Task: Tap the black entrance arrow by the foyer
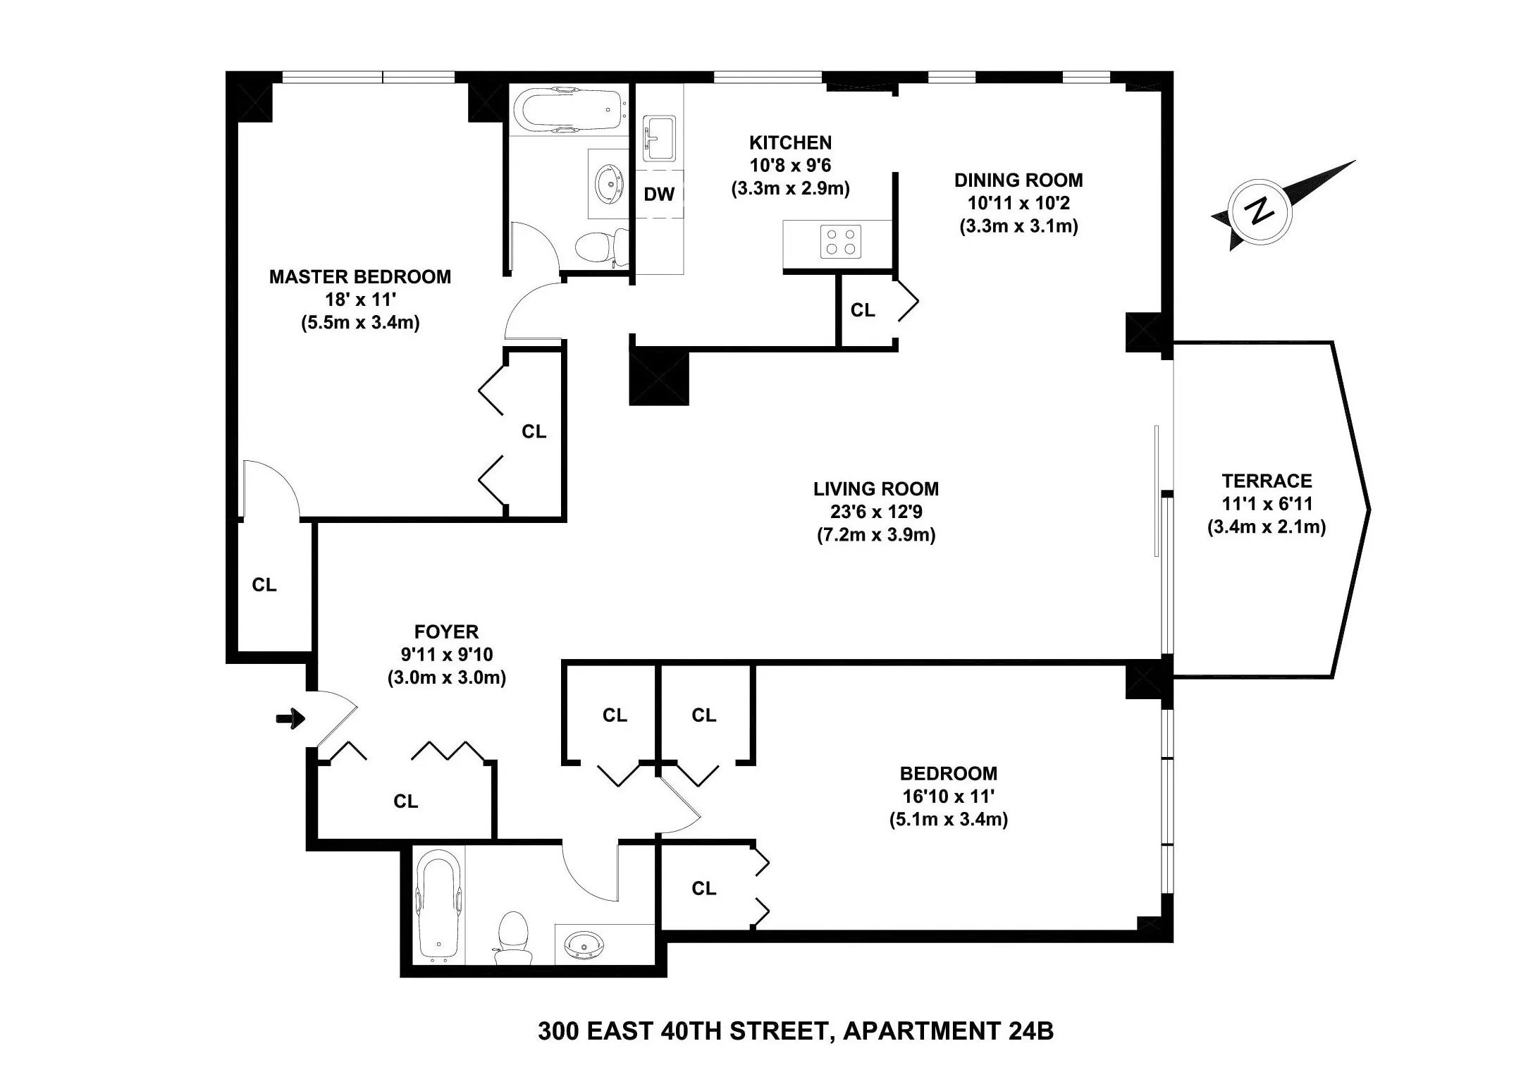pyautogui.click(x=290, y=719)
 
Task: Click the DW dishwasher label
pyautogui.click(x=659, y=195)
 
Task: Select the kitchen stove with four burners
pyautogui.click(x=841, y=241)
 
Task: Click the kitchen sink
pyautogui.click(x=660, y=139)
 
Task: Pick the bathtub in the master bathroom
pyautogui.click(x=568, y=111)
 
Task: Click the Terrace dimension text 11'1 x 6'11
pyautogui.click(x=1267, y=504)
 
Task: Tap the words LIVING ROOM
pyautogui.click(x=875, y=488)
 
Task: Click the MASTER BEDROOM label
pyautogui.click(x=360, y=276)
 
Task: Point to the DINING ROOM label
pyautogui.click(x=1018, y=180)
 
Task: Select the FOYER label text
pyautogui.click(x=446, y=632)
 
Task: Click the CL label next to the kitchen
pyautogui.click(x=863, y=310)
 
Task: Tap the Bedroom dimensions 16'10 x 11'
pyautogui.click(x=948, y=796)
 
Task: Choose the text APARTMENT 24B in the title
pyautogui.click(x=948, y=1031)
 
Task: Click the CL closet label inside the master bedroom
pyautogui.click(x=534, y=431)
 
